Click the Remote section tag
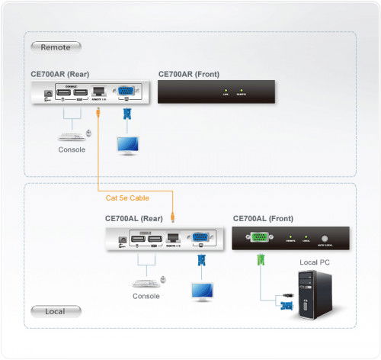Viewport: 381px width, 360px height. click(x=56, y=47)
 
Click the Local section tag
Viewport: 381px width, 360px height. click(x=55, y=311)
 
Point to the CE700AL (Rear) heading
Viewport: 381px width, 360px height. click(x=136, y=218)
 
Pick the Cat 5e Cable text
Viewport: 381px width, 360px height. click(x=127, y=198)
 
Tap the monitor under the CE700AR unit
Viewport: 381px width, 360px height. click(x=126, y=143)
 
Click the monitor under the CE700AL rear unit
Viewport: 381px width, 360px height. click(x=202, y=290)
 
